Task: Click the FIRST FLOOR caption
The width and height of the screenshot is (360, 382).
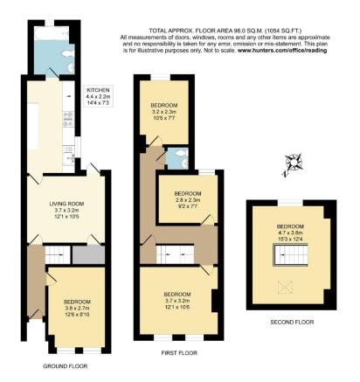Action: click(179, 353)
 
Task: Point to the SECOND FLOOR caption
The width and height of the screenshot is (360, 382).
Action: click(290, 321)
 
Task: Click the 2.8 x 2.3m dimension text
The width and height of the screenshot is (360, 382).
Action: click(187, 199)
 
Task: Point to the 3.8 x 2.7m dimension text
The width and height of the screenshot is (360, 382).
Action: click(76, 308)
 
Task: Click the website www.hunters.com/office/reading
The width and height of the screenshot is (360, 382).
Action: click(270, 52)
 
